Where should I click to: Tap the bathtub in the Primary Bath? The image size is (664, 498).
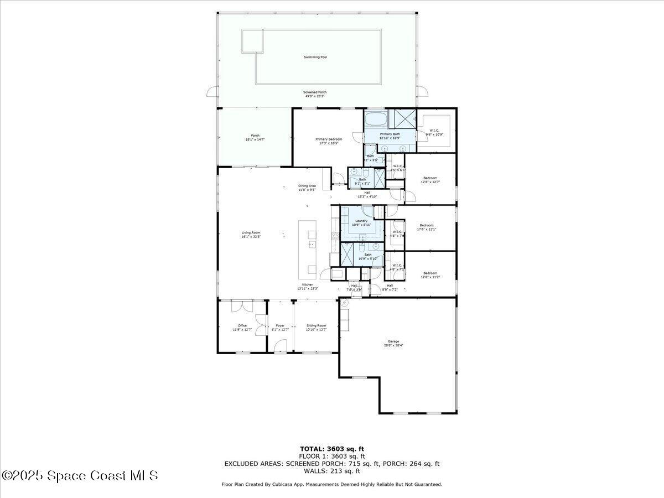coord(376,119)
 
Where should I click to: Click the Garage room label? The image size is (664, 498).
coord(393,341)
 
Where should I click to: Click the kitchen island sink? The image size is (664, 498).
coord(311,244)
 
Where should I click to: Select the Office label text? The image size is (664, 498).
coord(242,325)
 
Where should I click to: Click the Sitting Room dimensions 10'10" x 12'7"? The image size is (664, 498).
coord(316,330)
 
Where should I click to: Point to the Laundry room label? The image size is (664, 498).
coord(361,221)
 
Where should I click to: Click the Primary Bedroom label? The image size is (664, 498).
coord(329,139)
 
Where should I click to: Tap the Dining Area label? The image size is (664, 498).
coord(307,186)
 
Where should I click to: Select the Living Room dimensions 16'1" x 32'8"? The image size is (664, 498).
coord(251,237)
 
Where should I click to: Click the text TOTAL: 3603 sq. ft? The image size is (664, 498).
coord(332,449)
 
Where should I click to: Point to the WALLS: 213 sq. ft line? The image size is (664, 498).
coord(332,471)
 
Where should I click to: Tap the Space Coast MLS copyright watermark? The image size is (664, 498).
coord(80,475)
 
